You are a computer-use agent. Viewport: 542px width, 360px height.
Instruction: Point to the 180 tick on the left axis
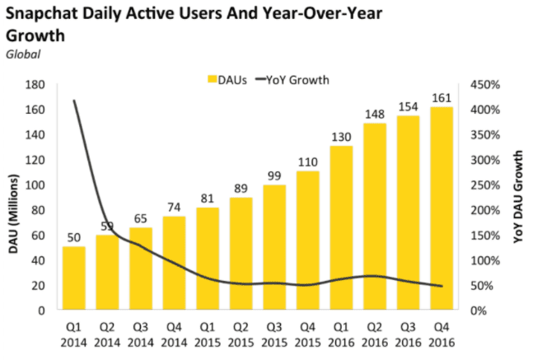(x=35, y=84)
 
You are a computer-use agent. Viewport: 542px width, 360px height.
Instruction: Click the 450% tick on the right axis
(x=484, y=84)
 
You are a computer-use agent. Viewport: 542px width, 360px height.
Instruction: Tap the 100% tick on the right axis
(x=484, y=260)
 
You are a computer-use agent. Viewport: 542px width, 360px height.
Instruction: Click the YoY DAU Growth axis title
(x=519, y=198)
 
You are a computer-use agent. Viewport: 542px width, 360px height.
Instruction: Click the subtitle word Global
(x=23, y=54)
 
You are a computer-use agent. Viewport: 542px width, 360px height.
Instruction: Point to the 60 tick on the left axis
(x=38, y=236)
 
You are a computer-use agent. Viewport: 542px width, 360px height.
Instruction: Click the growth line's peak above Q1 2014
(x=73, y=101)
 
